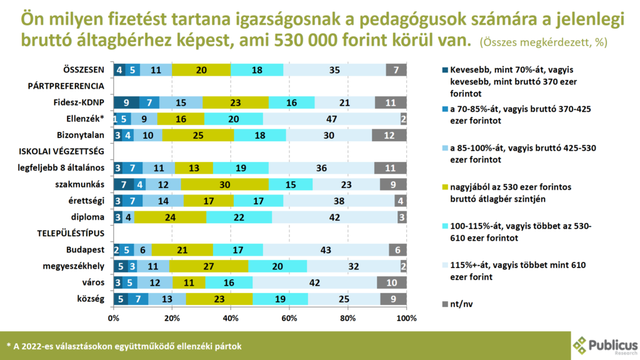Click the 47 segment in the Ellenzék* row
coord(332,118)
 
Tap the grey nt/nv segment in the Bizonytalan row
coord(389,134)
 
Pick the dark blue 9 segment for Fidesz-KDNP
coord(127,102)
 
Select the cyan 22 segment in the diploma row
coord(239,216)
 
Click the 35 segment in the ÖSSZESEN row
coord(334,69)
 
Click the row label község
coord(90,298)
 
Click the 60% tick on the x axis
coord(289,319)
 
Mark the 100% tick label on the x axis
coord(406,319)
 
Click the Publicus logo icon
coord(581,345)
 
